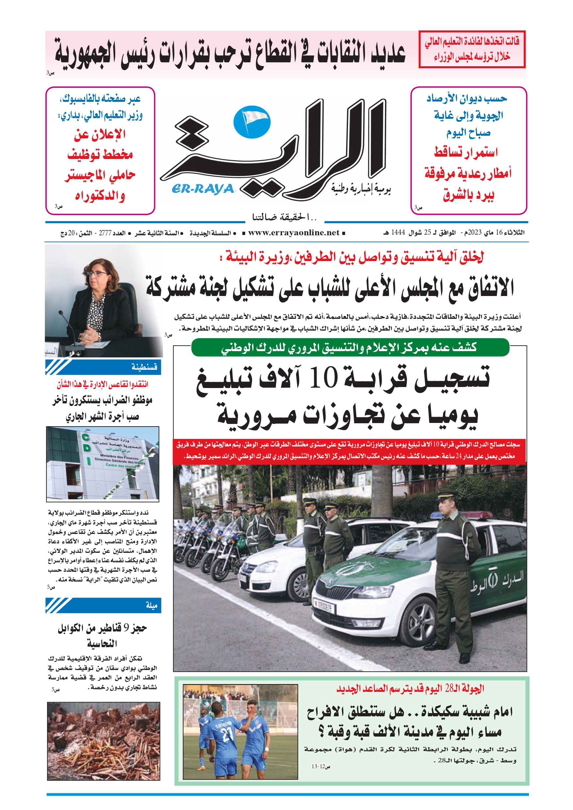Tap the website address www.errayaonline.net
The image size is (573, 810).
[294, 232]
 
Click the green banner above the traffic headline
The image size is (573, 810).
[350, 348]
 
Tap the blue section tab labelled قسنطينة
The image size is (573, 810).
[103, 367]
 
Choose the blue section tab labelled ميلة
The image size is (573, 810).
[103, 605]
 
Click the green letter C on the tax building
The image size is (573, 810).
[85, 437]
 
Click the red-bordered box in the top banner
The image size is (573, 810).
[472, 49]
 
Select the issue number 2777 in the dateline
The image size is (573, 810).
[105, 233]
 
